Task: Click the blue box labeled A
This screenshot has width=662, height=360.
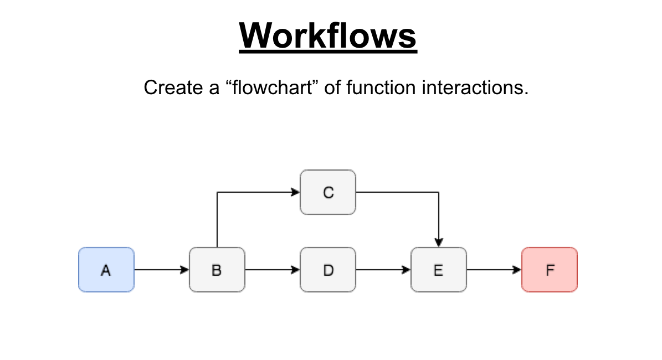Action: pos(106,270)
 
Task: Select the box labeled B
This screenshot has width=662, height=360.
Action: pos(217,270)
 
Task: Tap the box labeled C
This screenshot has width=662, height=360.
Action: pos(328,192)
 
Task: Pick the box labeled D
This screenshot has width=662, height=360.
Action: pos(328,270)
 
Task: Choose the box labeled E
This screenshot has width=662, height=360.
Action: pos(439,270)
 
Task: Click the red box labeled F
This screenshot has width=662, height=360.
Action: pos(550,270)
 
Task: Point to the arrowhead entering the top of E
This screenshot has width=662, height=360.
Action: pos(439,243)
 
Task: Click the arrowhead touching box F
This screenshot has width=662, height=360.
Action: pos(517,270)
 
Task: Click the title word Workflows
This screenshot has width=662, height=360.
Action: pos(328,35)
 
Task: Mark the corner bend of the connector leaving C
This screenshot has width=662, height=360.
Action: pos(439,192)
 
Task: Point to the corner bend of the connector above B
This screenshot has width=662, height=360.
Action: pos(217,192)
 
